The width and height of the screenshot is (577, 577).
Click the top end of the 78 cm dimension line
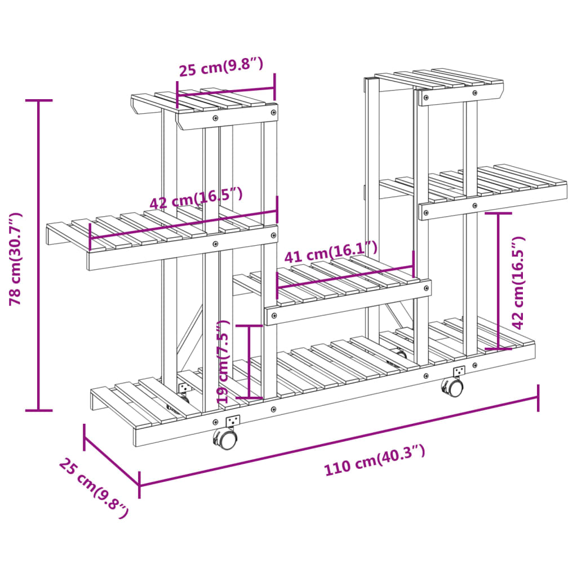point(38,100)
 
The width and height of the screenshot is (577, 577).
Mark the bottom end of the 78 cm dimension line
point(38,410)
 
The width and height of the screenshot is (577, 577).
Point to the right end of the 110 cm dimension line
point(538,397)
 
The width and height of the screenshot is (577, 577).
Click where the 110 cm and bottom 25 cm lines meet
point(139,485)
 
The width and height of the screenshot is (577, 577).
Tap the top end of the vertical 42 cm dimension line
point(498,213)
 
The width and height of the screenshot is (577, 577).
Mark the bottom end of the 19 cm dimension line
point(250,397)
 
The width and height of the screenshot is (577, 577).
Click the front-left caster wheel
point(225,438)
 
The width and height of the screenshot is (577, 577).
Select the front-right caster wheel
point(452,387)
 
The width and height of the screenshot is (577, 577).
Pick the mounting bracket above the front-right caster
point(459,371)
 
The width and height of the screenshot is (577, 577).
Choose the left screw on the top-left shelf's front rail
point(216,118)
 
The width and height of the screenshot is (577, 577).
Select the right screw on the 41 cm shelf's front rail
point(426,288)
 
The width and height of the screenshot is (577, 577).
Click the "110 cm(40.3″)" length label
point(374,460)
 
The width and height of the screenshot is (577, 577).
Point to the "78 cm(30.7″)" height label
point(15,259)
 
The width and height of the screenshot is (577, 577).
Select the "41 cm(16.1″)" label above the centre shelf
point(331,252)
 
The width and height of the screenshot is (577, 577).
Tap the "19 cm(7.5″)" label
point(223,361)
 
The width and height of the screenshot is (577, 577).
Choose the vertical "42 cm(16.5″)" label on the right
point(518,283)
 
